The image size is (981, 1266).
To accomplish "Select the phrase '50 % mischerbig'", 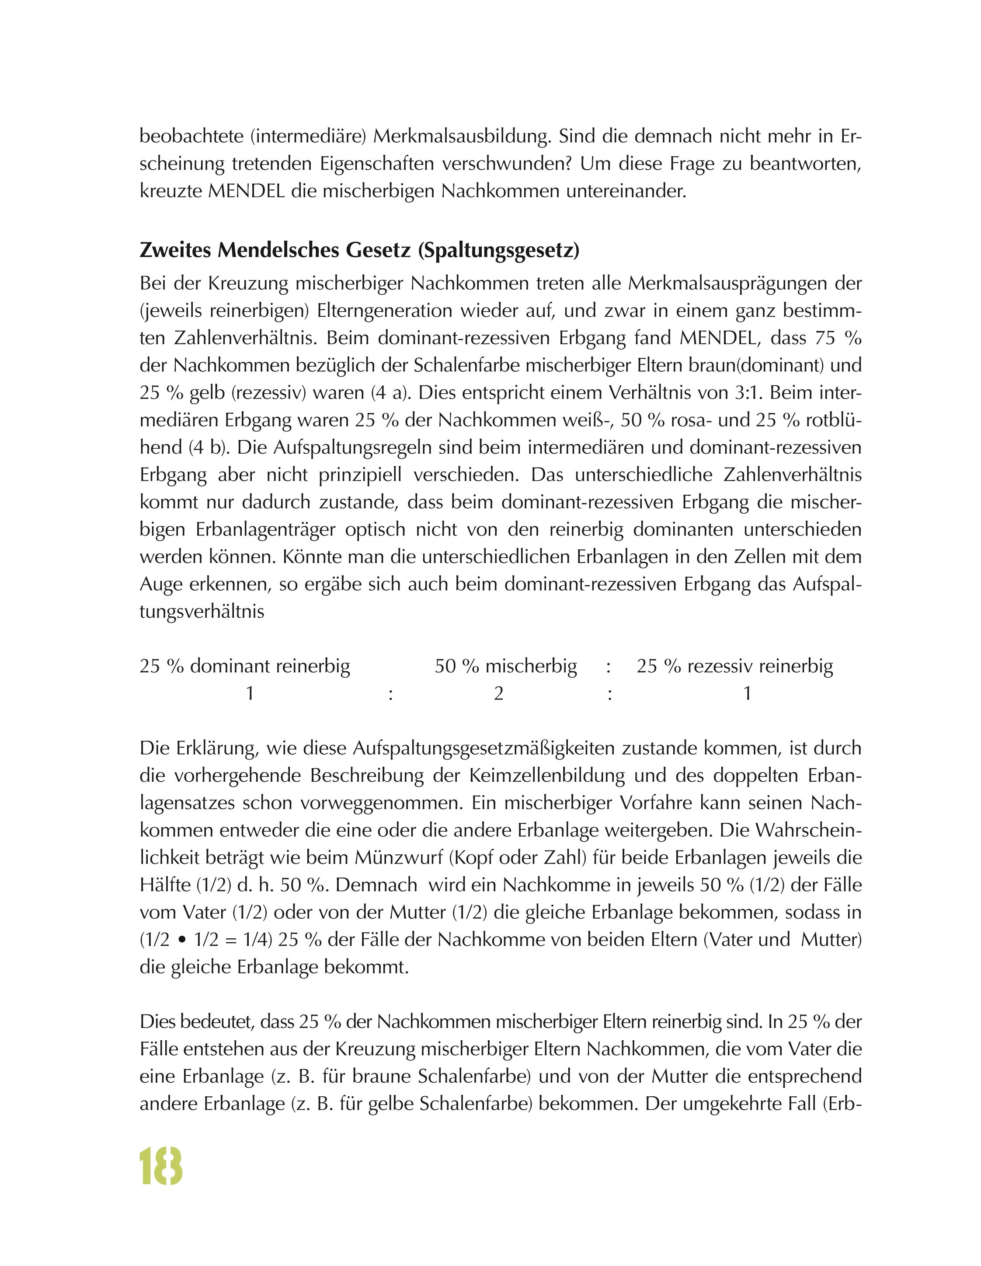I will pyautogui.click(x=506, y=667).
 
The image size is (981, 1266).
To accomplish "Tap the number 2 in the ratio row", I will pyautogui.click(x=498, y=693).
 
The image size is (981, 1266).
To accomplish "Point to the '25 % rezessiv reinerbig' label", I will pyautogui.click(x=735, y=667).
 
